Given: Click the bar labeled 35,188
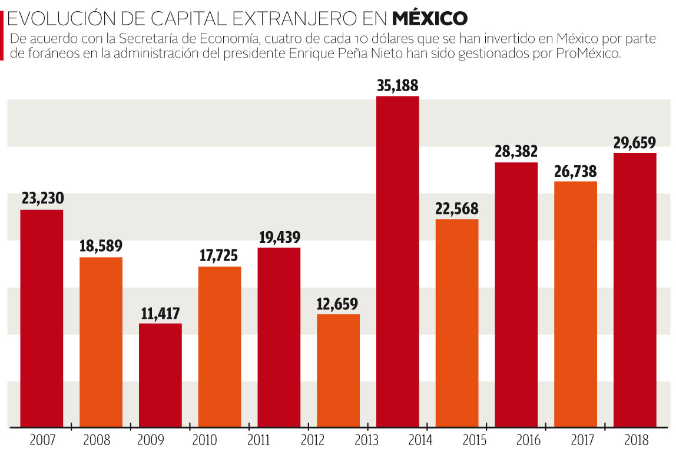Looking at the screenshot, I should click(x=397, y=261).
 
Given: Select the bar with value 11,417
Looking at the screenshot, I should click(x=160, y=375).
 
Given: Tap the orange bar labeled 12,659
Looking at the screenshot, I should click(x=338, y=370).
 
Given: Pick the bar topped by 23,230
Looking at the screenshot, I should click(x=42, y=318).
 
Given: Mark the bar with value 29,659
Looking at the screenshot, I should click(x=635, y=290).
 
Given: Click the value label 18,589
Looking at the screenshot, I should click(x=101, y=246).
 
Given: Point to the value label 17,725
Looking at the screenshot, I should click(x=220, y=256).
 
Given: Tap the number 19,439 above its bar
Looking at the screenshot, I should click(x=279, y=237).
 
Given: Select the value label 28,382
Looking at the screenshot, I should click(x=516, y=152).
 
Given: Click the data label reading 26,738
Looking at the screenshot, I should click(x=575, y=171).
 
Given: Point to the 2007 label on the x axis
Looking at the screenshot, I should click(x=41, y=439).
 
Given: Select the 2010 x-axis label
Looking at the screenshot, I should click(x=204, y=439).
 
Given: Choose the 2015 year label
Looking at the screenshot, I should click(x=475, y=439).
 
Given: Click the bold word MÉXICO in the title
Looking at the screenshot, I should click(x=430, y=19).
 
